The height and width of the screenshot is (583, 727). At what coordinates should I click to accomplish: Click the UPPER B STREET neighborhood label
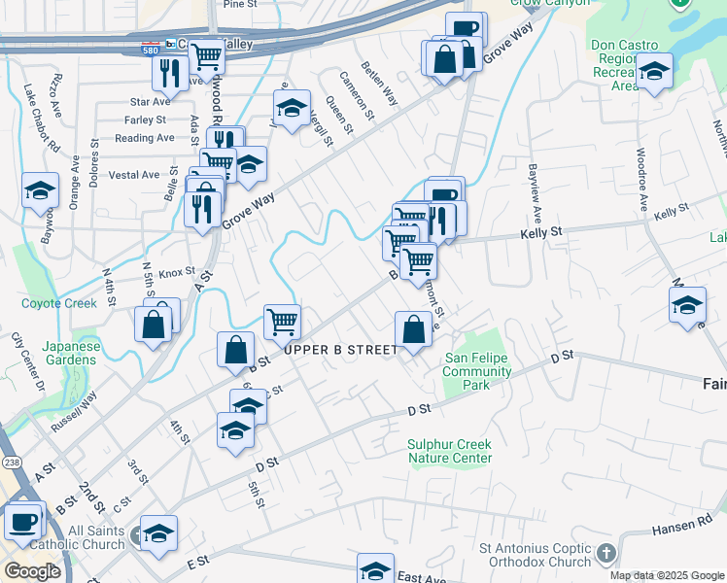tap(339, 349)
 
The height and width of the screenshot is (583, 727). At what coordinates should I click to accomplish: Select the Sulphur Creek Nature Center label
tap(450, 451)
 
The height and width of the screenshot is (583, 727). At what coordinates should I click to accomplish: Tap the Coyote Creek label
tap(59, 303)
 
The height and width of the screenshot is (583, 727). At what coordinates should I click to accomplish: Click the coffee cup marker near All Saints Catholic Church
tap(22, 521)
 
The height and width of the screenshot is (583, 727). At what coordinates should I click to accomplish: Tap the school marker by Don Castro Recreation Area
tap(655, 71)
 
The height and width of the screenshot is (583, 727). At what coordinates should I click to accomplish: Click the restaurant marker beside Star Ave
tap(169, 72)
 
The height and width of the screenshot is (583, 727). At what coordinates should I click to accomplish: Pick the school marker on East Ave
tap(375, 570)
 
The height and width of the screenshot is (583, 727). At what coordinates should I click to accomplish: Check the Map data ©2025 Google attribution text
tap(666, 575)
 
